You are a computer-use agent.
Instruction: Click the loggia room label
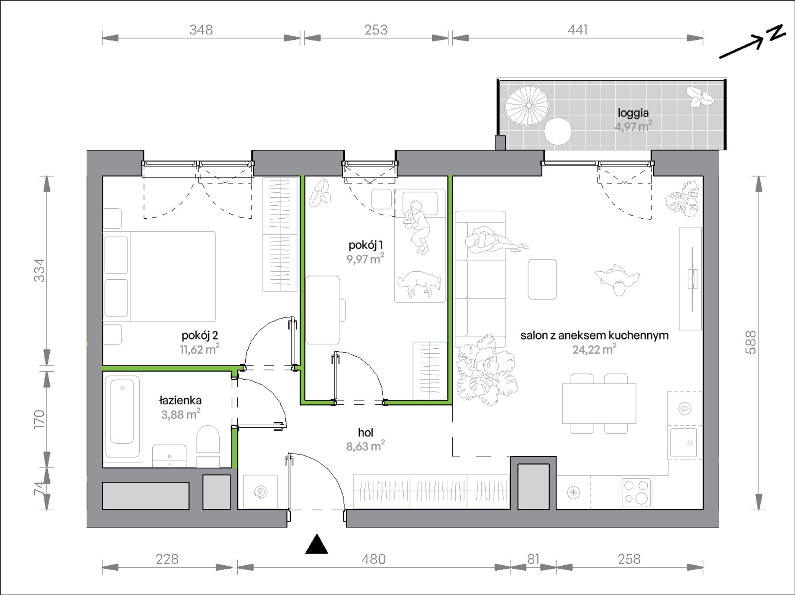[633, 113]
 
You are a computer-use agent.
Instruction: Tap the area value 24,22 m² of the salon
[594, 349]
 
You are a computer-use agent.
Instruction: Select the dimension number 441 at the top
[577, 30]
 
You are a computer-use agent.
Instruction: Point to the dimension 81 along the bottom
[533, 559]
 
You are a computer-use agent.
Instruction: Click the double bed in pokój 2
[159, 276]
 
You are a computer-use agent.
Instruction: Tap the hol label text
[365, 433]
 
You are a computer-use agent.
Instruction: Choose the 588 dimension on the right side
[751, 343]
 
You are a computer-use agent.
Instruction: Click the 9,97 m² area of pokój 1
[365, 259]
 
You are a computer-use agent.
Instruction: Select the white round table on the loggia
[558, 131]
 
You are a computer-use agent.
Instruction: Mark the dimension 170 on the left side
[39, 419]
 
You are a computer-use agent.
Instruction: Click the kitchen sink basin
[684, 442]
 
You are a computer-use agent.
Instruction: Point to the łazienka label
[180, 400]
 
